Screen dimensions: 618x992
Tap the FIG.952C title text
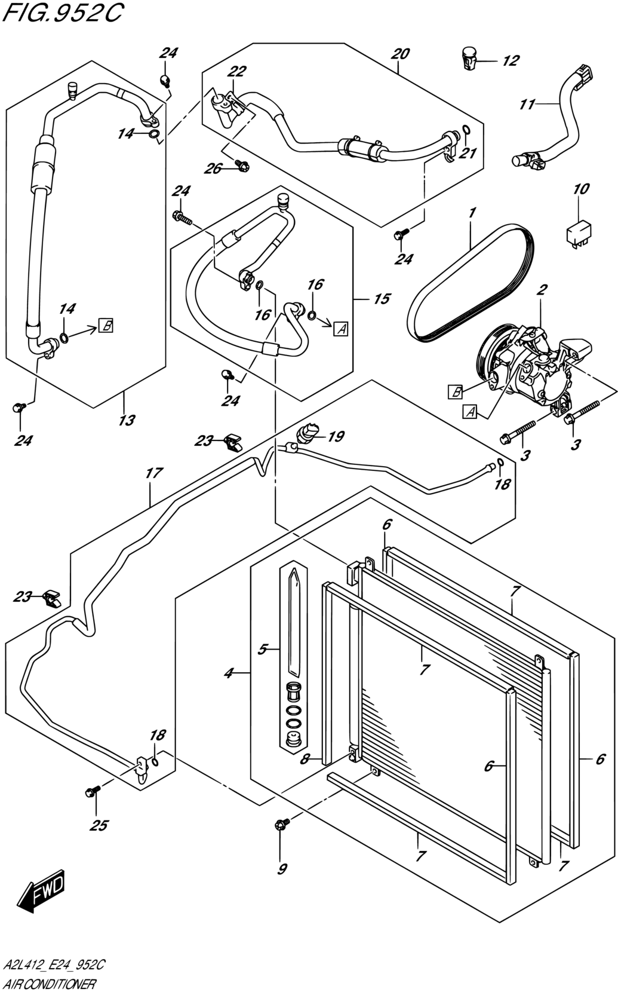(62, 13)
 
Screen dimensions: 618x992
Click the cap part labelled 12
(469, 58)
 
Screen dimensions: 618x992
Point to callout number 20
(400, 54)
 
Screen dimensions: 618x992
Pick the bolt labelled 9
(282, 823)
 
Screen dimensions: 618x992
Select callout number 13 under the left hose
(127, 420)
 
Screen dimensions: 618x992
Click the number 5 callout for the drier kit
(262, 650)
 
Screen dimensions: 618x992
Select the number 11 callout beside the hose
(527, 105)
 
